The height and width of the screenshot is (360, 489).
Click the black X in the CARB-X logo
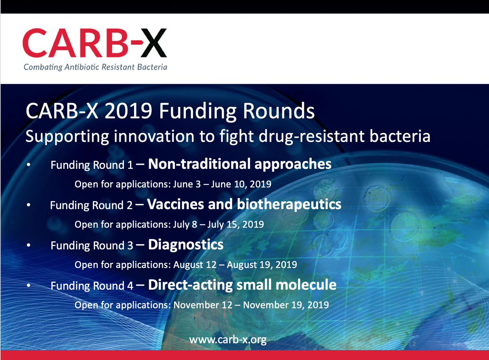[x=154, y=43]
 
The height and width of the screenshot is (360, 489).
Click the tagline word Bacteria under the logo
[x=152, y=67]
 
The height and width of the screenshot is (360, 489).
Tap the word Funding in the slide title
[x=198, y=111]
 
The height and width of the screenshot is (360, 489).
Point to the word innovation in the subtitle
[x=154, y=136]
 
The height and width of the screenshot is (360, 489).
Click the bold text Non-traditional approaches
[x=240, y=164]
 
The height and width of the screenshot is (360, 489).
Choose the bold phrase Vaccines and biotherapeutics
[x=244, y=205]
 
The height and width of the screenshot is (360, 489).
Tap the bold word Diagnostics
[x=186, y=245]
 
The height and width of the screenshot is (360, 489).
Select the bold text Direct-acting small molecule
[x=242, y=285]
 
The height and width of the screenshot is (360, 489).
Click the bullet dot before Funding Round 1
[x=29, y=165]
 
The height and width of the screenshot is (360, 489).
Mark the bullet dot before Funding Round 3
[x=29, y=245]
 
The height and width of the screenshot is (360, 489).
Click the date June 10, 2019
[x=241, y=184]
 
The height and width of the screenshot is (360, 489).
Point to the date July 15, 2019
[x=236, y=225]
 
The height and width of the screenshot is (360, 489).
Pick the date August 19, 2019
[x=262, y=265]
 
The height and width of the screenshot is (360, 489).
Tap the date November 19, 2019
[x=286, y=305]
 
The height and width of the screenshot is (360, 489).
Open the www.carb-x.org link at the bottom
[x=228, y=340]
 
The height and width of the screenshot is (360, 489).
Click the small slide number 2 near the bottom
[x=414, y=344]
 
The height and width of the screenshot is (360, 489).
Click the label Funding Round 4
[x=92, y=286]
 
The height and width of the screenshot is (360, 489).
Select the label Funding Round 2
[x=91, y=205]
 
